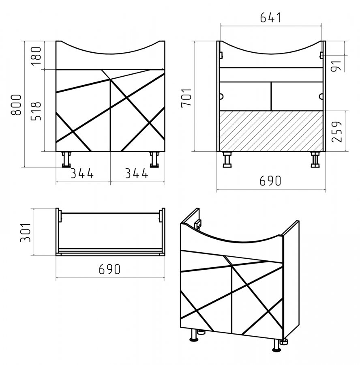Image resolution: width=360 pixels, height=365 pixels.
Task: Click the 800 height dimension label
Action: (16, 105)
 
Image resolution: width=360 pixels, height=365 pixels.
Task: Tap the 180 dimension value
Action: (36, 56)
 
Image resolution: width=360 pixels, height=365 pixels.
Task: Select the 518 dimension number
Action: (36, 111)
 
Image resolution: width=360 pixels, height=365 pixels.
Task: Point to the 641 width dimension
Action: (270, 17)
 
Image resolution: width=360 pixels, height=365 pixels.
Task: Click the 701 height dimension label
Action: (186, 98)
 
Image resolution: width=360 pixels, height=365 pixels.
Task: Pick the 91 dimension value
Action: (336, 66)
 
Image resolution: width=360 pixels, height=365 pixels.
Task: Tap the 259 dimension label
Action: (337, 131)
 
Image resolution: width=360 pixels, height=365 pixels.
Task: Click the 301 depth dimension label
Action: (26, 232)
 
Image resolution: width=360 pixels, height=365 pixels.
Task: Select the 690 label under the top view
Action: (109, 269)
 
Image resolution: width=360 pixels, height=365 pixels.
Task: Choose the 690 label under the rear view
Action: (270, 181)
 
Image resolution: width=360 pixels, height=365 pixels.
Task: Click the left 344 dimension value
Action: (82, 174)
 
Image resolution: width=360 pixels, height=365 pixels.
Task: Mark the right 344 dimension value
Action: (137, 174)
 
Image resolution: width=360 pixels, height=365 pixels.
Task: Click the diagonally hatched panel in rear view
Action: (271, 131)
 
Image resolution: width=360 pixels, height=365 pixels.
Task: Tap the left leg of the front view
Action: (66, 159)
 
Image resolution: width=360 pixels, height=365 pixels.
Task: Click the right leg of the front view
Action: (154, 159)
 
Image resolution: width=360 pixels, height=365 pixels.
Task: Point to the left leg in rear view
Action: (227, 159)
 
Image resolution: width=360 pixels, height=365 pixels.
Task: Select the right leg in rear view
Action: (315, 159)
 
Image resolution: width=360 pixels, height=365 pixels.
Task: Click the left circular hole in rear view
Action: (221, 97)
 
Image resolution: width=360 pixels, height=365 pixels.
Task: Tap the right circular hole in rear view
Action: (321, 97)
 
